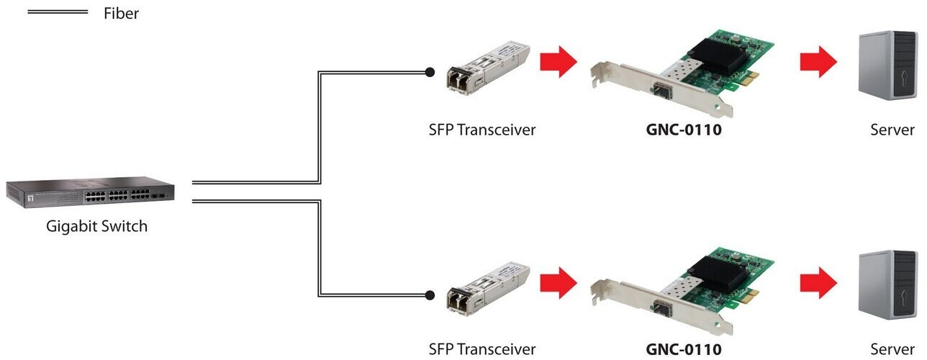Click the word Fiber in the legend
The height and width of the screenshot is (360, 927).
tap(121, 13)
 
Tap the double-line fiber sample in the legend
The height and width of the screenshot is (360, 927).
tap(58, 12)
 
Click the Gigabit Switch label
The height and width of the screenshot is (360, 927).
tap(96, 226)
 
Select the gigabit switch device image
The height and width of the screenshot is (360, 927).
tap(90, 192)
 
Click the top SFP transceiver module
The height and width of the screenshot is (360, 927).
tap(487, 68)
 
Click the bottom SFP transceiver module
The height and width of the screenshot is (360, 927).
tap(487, 289)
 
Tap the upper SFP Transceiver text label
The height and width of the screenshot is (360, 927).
tap(482, 130)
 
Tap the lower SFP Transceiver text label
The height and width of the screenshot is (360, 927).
tap(482, 349)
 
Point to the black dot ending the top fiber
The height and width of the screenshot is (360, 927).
tap(430, 73)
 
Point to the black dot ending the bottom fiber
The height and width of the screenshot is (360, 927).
tap(430, 295)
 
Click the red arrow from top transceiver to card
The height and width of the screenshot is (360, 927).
tap(559, 62)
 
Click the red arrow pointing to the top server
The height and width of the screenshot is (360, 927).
tap(818, 62)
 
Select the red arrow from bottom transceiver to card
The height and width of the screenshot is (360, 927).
tap(559, 283)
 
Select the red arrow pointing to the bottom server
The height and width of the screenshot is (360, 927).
tap(818, 283)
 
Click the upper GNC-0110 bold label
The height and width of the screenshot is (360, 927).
tap(684, 130)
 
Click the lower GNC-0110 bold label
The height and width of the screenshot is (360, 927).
tap(684, 349)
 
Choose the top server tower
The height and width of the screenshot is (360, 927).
tap(887, 65)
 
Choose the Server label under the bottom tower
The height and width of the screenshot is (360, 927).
tap(892, 349)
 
